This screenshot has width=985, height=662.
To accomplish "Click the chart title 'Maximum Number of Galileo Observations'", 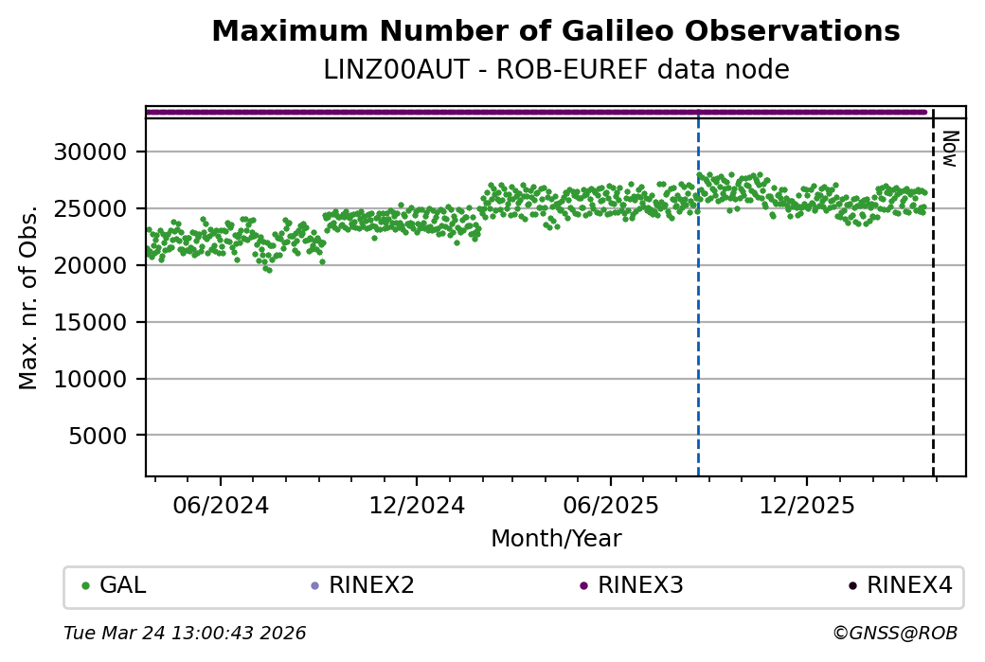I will (x=556, y=31).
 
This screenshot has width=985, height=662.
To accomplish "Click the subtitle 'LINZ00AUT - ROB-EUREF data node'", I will (x=556, y=70).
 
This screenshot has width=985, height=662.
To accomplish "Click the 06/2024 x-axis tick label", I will (x=221, y=505).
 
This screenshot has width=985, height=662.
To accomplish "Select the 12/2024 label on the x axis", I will (x=417, y=505).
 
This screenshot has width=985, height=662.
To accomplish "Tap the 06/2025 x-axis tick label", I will (x=611, y=505).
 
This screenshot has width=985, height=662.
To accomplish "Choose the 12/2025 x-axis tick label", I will (x=806, y=505).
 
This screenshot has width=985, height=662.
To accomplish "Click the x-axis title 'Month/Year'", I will (x=556, y=539).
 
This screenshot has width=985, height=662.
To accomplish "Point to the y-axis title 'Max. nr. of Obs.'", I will (x=28, y=296).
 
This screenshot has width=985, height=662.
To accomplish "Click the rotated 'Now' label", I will (x=949, y=149).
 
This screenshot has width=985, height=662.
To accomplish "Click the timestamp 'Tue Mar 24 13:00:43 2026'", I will (x=185, y=633).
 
